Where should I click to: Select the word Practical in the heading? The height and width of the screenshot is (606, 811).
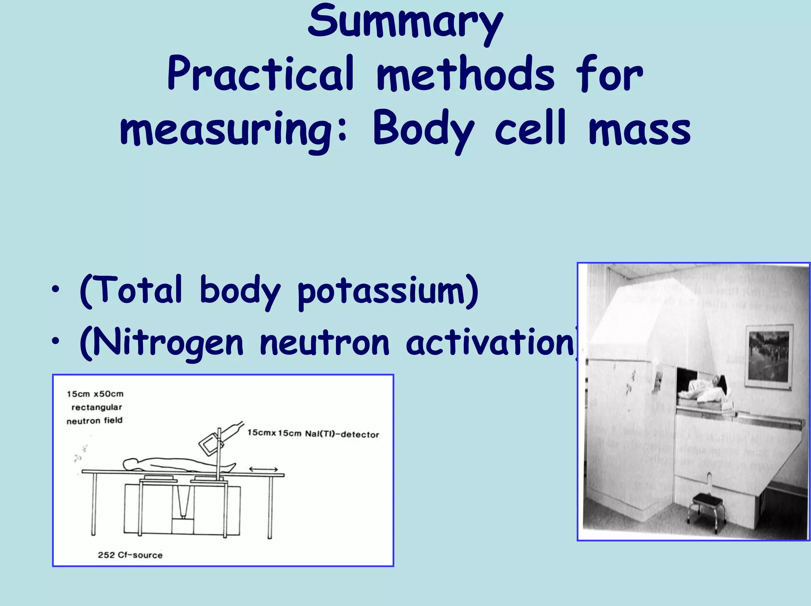pos(261,74)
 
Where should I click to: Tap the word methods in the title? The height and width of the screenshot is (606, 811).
pos(465,74)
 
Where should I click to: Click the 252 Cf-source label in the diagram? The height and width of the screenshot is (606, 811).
pos(130,555)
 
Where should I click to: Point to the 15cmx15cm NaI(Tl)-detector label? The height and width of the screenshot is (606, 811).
pos(313,434)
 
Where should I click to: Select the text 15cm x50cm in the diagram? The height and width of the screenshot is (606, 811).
pos(95,394)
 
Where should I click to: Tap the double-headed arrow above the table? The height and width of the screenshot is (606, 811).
pos(263,469)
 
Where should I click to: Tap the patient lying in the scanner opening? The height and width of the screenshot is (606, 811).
pos(701,390)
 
